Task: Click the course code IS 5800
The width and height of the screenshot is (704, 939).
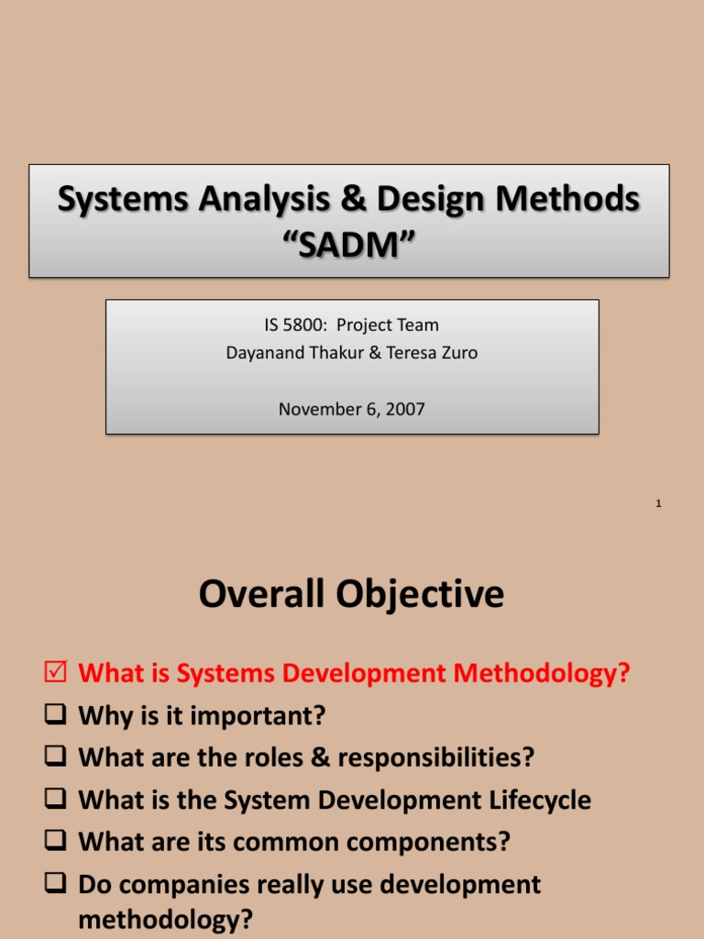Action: point(292,325)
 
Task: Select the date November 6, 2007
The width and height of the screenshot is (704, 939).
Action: point(352,409)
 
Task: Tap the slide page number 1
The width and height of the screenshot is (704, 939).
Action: point(659,503)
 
